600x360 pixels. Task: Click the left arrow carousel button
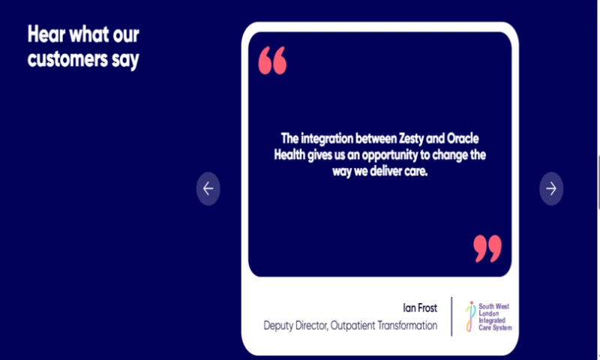pyautogui.click(x=208, y=189)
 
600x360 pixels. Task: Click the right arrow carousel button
pyautogui.click(x=551, y=189)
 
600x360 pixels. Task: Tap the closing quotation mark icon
pyautogui.click(x=487, y=248)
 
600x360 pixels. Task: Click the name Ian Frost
pyautogui.click(x=420, y=307)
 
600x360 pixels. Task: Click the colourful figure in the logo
pyautogui.click(x=470, y=316)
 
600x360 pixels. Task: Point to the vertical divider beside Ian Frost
pyautogui.click(x=452, y=316)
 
